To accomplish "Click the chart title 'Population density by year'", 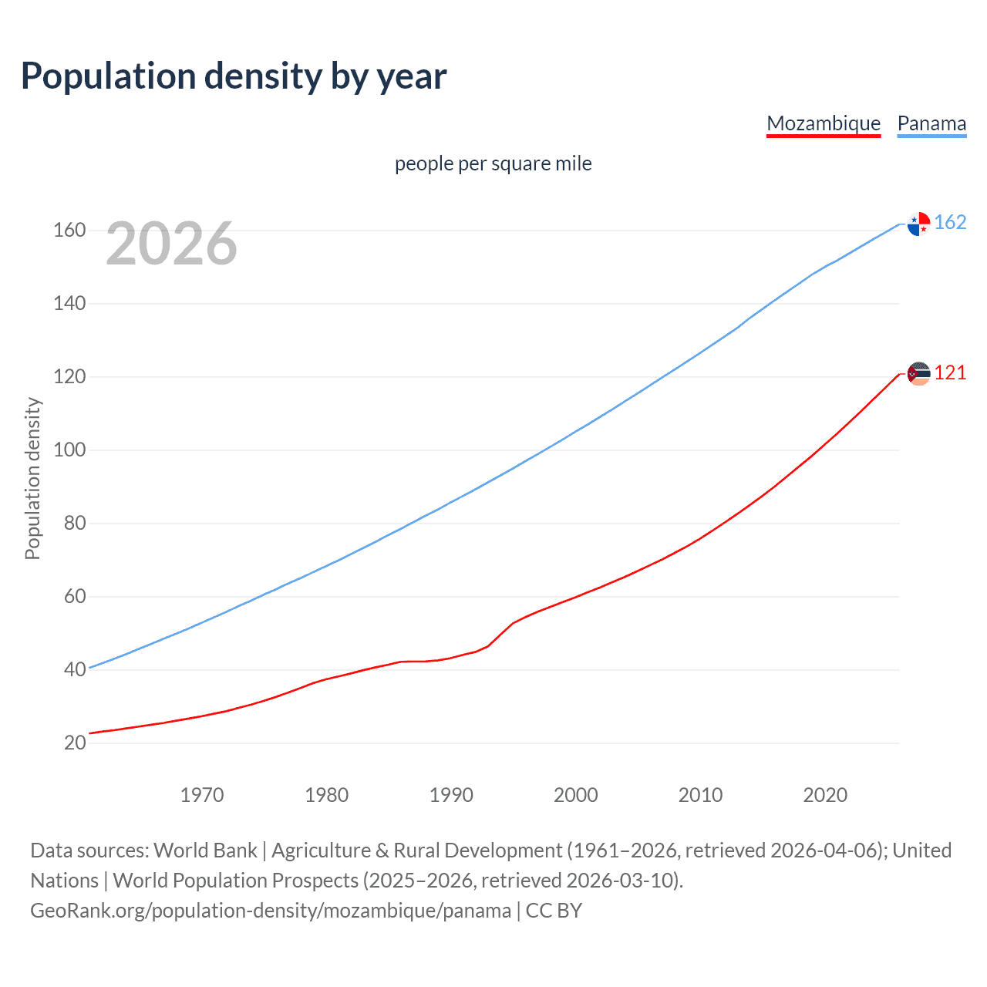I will tap(234, 76).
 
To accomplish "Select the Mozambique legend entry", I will tap(823, 124).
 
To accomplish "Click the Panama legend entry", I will tap(931, 124).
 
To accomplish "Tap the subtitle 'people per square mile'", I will tap(493, 164).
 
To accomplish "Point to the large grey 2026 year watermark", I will tap(171, 244).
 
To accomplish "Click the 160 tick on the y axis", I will tap(69, 231).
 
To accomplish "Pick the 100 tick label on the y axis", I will tap(69, 450).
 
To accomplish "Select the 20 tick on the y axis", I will tap(75, 743).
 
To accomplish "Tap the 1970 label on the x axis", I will tap(202, 795).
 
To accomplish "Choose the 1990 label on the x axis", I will tap(451, 795).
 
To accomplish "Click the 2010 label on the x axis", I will tap(700, 795).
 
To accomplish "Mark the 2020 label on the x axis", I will tap(825, 795).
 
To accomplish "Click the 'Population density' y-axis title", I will tap(32, 478).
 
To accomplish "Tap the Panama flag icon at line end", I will tap(918, 224).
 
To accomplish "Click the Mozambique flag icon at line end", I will tap(918, 374).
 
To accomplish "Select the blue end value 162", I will tap(950, 223).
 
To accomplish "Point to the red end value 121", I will tap(950, 373).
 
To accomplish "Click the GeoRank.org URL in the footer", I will tap(271, 911).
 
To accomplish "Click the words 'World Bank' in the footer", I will tap(205, 851).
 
